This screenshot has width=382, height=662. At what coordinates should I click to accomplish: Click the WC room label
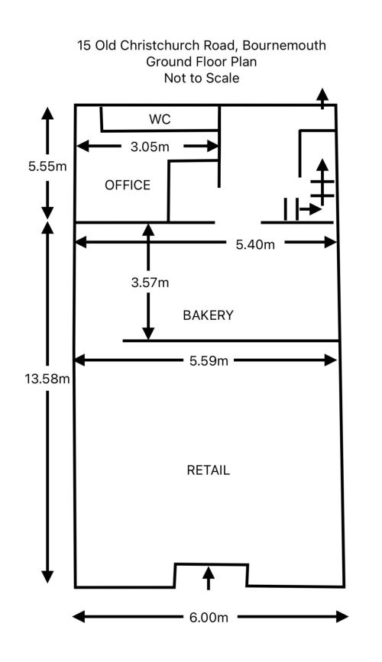click(x=160, y=119)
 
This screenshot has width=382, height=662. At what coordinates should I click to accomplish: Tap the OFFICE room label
click(x=128, y=185)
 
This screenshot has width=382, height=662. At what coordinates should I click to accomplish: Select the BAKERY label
click(x=208, y=315)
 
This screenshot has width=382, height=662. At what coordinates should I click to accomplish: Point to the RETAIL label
click(x=209, y=470)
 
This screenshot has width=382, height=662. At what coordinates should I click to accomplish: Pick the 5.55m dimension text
click(x=47, y=166)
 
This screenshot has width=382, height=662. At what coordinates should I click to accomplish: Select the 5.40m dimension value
click(x=255, y=244)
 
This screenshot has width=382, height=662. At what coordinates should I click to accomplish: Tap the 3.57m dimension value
click(x=150, y=283)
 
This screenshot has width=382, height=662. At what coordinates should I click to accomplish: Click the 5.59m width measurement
click(x=209, y=360)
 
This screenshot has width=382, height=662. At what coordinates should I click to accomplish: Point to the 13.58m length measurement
click(x=47, y=379)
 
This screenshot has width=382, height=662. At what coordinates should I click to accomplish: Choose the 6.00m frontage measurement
click(x=209, y=617)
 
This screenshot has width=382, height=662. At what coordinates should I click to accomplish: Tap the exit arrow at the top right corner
click(x=323, y=98)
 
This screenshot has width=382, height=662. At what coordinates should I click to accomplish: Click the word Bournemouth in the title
click(x=284, y=45)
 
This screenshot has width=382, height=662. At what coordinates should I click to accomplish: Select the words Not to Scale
click(x=202, y=78)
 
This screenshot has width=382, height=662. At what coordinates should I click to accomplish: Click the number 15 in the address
click(x=84, y=45)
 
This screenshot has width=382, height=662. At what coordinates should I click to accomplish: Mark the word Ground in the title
click(x=169, y=62)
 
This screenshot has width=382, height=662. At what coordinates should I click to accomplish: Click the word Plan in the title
click(x=243, y=62)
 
